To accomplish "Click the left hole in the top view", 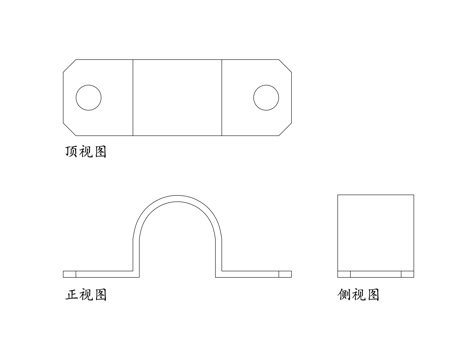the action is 88,97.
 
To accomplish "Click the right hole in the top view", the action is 266,97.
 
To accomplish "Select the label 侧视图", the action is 359,295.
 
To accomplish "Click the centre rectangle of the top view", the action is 177,97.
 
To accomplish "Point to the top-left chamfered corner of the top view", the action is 70,66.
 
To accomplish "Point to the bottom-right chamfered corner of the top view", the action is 284,127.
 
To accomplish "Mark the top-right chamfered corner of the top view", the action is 284,66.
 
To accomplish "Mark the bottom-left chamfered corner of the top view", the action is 70,127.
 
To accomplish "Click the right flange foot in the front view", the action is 256,273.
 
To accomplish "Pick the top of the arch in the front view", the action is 177,198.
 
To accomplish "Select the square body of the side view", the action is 375,232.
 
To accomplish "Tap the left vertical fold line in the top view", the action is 134,97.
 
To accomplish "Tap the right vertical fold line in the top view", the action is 220,97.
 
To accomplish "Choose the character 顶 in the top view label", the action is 70,153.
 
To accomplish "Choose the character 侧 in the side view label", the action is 345,295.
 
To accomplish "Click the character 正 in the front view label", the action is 71,295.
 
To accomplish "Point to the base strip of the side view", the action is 375,273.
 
